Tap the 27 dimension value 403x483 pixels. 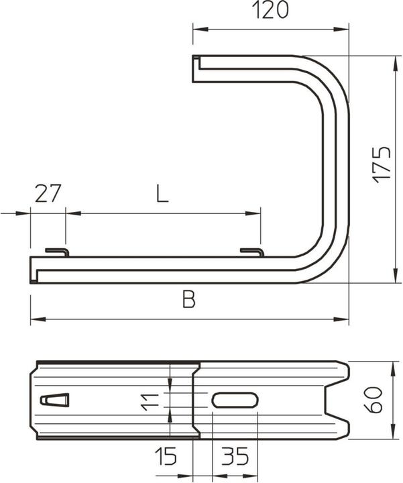48,194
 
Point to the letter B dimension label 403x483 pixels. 189,301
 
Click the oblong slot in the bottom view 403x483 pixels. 235,400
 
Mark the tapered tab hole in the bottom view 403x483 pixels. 55,400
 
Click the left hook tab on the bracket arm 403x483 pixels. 58,252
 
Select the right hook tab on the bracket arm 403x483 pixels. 252,252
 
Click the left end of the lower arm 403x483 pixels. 34,268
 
